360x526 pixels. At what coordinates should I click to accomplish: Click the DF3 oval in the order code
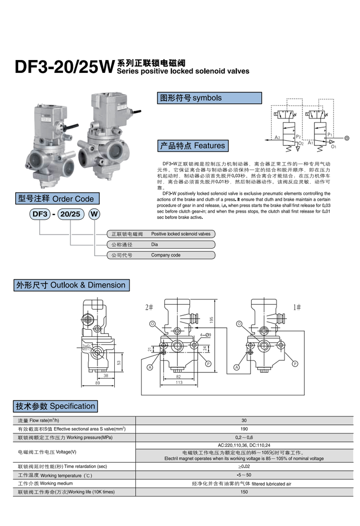[x=40, y=214]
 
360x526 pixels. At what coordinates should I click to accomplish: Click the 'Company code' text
[x=166, y=255]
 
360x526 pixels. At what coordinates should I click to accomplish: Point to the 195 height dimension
[x=212, y=320]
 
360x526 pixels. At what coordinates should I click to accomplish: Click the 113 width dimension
[x=179, y=383]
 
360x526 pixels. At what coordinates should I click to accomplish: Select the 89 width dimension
[x=97, y=383]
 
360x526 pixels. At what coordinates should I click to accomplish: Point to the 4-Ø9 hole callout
[x=205, y=335]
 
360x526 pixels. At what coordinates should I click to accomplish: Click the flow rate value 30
[x=244, y=420]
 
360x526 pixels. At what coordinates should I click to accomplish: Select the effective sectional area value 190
[x=244, y=429]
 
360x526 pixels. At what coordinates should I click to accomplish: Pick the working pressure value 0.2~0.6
[x=244, y=437]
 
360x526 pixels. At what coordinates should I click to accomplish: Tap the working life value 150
[x=244, y=491]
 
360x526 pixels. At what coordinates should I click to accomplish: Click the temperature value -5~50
[x=244, y=475]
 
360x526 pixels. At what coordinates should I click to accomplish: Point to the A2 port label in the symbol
[x=277, y=138]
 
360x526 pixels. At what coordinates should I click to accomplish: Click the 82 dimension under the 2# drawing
[x=179, y=377]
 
